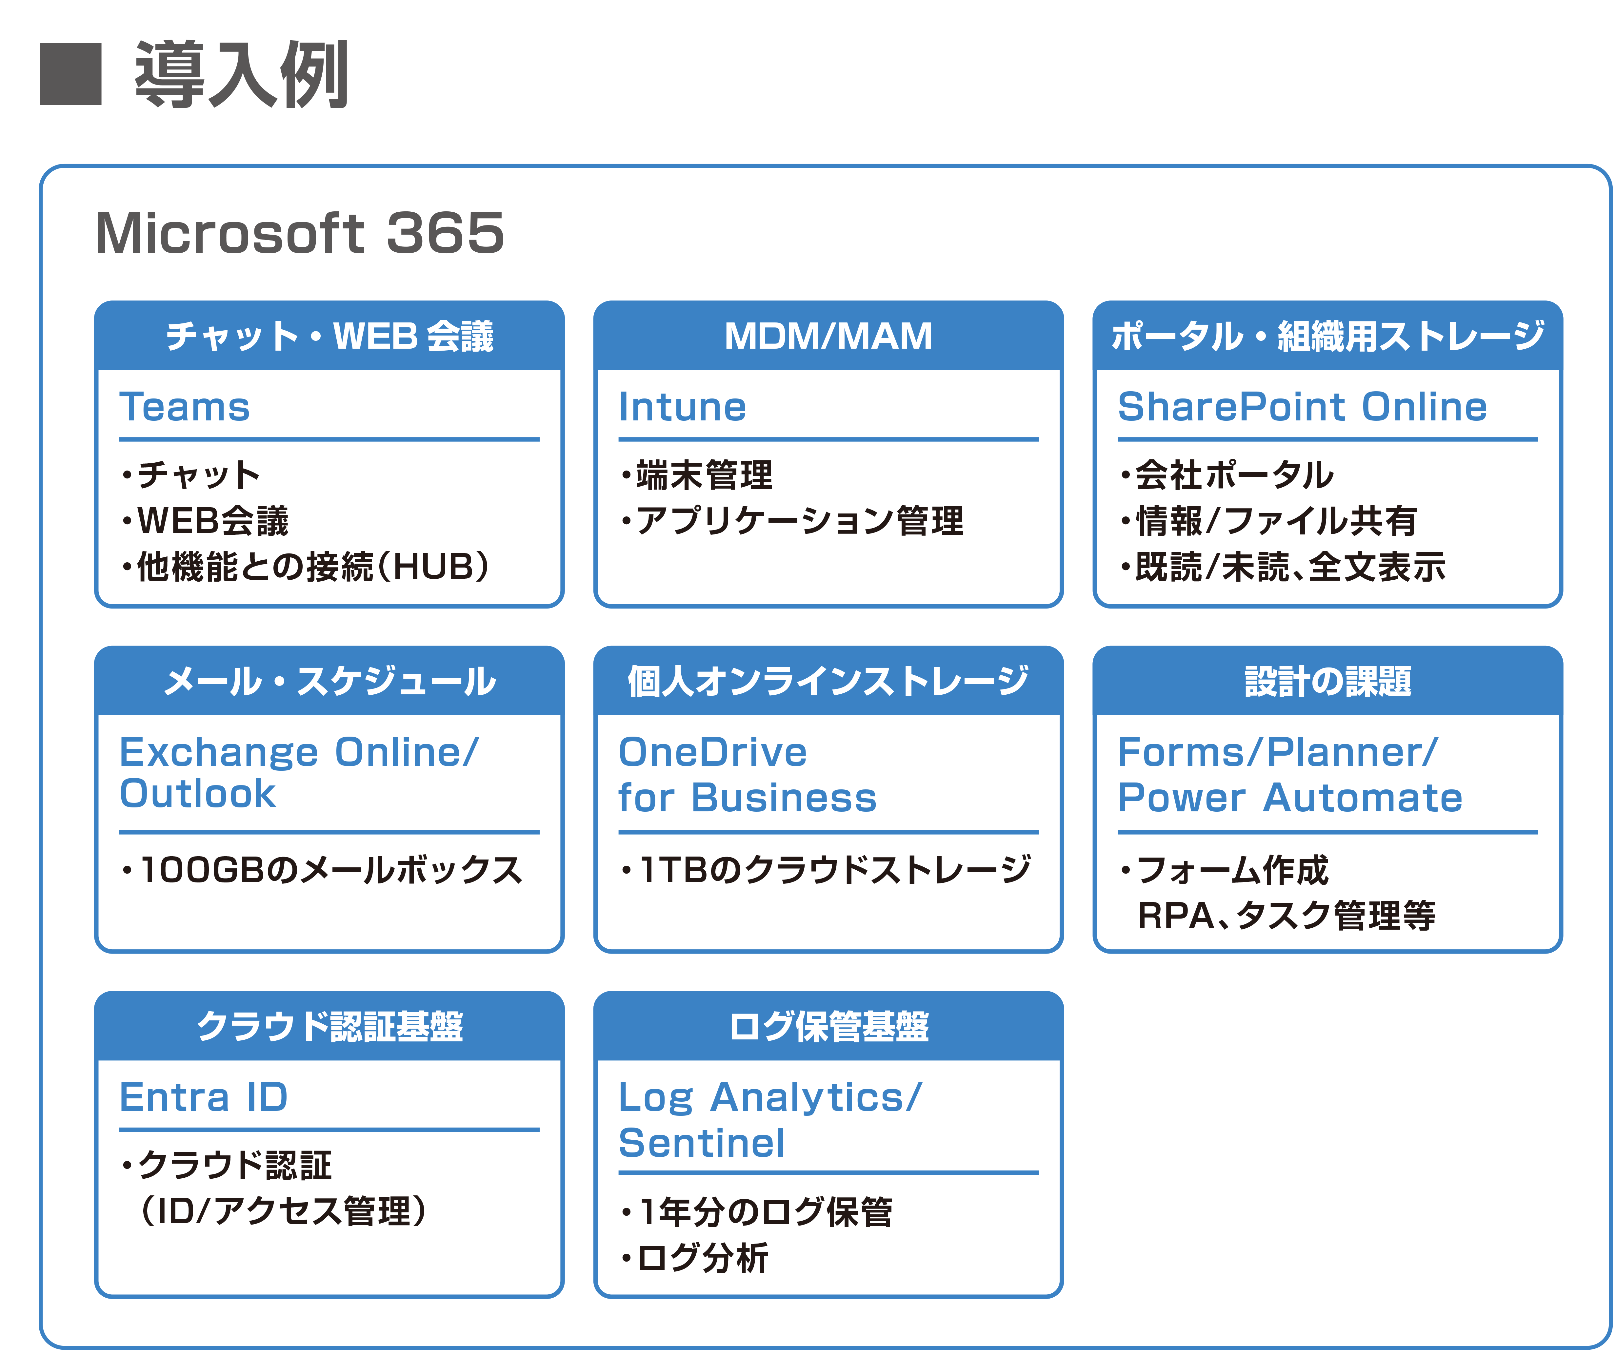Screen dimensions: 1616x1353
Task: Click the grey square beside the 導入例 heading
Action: click(71, 74)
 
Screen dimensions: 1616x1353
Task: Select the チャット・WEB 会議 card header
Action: click(329, 336)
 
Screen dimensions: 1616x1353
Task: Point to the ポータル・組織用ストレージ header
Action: click(1327, 336)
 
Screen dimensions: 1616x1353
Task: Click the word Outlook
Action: click(198, 794)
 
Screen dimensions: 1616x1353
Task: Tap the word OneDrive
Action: click(712, 752)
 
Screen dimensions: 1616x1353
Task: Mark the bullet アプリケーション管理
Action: click(793, 521)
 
